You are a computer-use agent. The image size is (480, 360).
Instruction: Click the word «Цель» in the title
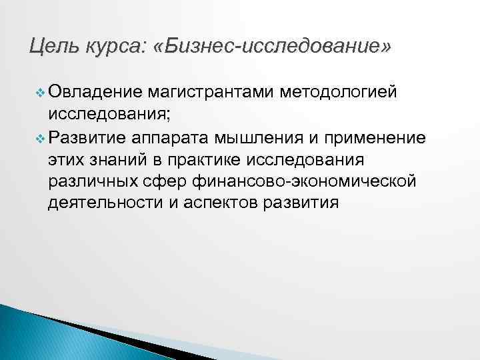click(x=52, y=47)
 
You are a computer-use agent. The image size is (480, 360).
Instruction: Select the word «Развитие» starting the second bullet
click(x=88, y=138)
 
